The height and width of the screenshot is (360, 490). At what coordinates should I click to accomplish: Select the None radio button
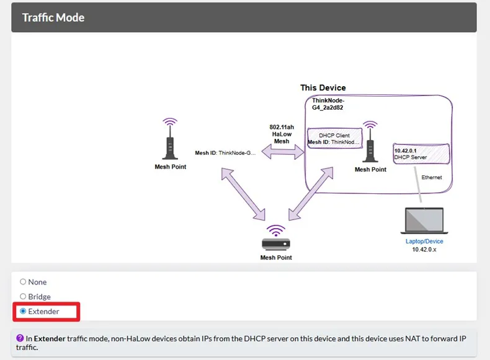[x=23, y=282]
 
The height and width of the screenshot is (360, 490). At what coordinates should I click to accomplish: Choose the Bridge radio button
[x=23, y=296]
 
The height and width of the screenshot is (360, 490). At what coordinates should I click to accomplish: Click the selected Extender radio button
[x=23, y=311]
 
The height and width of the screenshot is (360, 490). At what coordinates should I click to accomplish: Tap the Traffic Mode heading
[x=53, y=17]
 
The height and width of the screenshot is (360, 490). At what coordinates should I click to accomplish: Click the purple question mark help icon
[x=20, y=338]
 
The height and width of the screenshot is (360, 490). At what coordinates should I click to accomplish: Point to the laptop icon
[x=424, y=221]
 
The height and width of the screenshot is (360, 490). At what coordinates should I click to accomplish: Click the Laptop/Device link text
[x=424, y=242]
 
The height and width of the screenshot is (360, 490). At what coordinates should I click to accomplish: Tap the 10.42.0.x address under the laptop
[x=424, y=250]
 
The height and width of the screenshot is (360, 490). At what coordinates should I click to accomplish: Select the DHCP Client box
[x=335, y=138]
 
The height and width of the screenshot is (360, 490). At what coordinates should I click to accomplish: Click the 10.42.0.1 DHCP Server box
[x=421, y=154]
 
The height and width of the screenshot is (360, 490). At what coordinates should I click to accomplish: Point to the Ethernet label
[x=432, y=177]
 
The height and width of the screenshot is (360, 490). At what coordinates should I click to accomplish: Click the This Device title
[x=323, y=88]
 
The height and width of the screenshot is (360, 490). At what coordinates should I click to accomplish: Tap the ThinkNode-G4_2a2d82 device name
[x=328, y=104]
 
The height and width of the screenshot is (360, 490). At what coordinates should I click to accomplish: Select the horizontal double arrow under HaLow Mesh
[x=283, y=152]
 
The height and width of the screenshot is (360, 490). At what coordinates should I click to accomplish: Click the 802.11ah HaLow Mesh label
[x=282, y=134]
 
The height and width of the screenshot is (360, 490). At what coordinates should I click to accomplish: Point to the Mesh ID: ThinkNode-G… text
[x=225, y=153]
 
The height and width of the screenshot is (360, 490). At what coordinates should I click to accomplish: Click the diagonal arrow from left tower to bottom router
[x=243, y=194]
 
